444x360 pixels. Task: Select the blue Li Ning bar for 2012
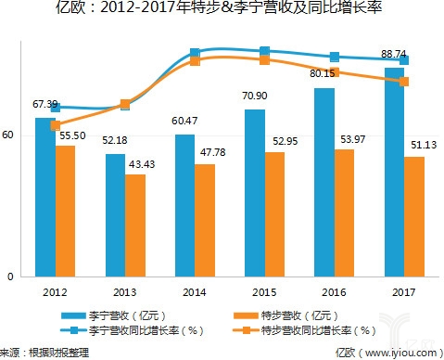pos(45,197)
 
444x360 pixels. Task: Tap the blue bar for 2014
pos(184,205)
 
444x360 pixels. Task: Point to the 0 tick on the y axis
pos(10,276)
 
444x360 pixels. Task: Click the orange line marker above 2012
pos(56,125)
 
